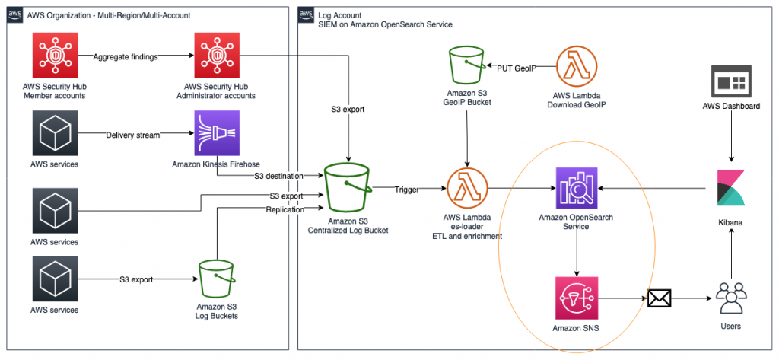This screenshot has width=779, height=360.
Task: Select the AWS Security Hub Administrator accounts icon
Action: pyautogui.click(x=218, y=57)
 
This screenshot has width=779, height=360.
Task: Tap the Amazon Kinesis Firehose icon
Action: pyautogui.click(x=218, y=134)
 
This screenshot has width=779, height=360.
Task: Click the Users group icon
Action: pyautogui.click(x=730, y=297)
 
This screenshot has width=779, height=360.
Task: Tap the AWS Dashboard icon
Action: pyautogui.click(x=730, y=81)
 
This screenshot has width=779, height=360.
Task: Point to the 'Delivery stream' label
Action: pyautogui.click(x=132, y=135)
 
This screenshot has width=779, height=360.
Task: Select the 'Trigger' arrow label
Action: pyautogui.click(x=406, y=190)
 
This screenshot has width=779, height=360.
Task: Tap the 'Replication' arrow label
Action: pyautogui.click(x=285, y=209)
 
